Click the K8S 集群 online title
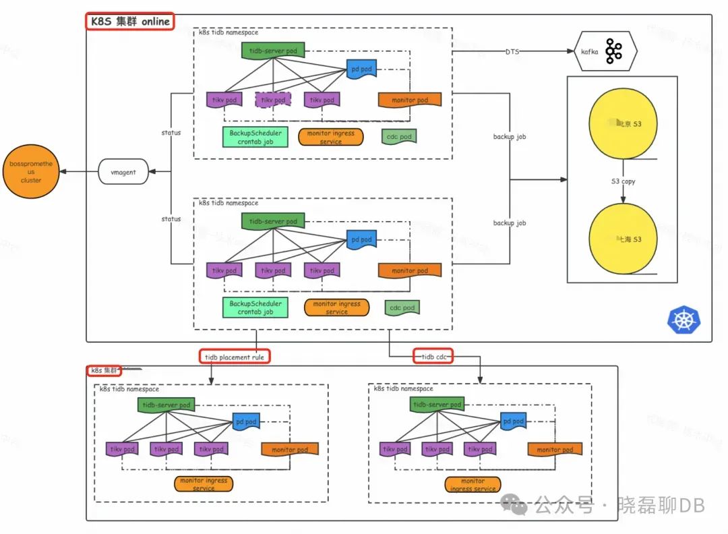(x=129, y=21)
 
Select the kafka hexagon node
(x=605, y=51)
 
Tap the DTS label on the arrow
(x=512, y=51)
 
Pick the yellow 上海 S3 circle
(x=622, y=239)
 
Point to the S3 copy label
(x=623, y=181)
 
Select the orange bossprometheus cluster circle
(x=31, y=172)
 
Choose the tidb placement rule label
(x=235, y=356)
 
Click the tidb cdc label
(x=433, y=356)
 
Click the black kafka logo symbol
(x=613, y=51)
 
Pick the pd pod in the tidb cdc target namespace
(x=514, y=421)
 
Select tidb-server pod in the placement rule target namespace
(x=166, y=405)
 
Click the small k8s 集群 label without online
(x=103, y=370)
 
